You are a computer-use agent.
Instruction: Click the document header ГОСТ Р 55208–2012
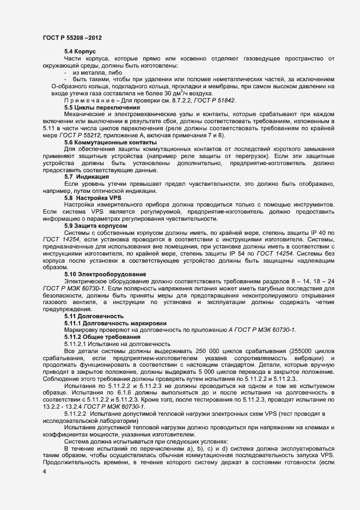tap(71, 38)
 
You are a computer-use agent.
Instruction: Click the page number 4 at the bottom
tap(44, 472)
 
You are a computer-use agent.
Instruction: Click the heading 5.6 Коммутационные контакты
tap(102, 142)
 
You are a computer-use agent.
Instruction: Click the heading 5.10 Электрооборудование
tap(103, 274)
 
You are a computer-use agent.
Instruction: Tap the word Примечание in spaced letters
tap(88, 101)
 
